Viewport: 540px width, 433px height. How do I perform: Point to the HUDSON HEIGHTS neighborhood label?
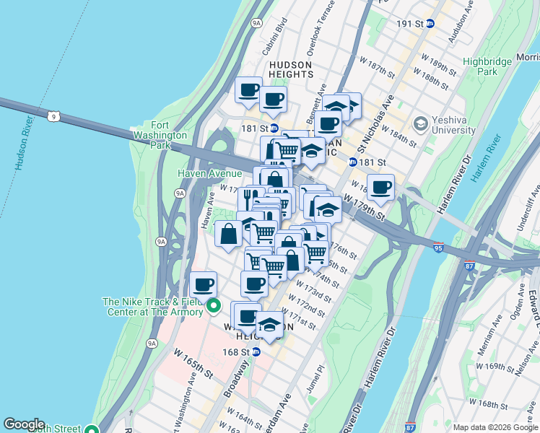[290, 70]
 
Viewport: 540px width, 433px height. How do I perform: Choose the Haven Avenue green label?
[209, 174]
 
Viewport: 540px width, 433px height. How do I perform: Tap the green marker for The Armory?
[213, 307]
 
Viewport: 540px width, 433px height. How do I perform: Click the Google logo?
[24, 424]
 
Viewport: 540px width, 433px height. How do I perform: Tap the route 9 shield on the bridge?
[53, 115]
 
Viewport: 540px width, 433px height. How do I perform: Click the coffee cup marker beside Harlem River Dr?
[380, 188]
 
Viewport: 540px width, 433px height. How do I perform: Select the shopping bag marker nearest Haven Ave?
[228, 234]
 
